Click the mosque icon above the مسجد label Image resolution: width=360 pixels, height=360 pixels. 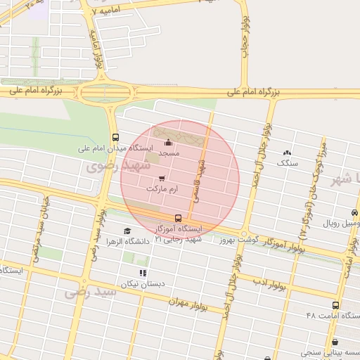(x=167, y=143)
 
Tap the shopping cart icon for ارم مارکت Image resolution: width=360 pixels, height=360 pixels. (x=162, y=179)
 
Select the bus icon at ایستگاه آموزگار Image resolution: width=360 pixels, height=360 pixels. (x=178, y=219)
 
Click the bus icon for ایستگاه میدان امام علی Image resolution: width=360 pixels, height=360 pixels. (x=115, y=137)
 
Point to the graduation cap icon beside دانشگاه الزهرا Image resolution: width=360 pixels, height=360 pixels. (x=127, y=231)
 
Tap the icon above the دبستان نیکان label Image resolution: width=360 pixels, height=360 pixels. (x=143, y=273)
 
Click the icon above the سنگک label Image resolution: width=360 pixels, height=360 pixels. (x=287, y=153)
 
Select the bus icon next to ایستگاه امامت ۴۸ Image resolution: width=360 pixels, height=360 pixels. (x=335, y=306)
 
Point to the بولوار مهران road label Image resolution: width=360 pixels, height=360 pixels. (x=189, y=303)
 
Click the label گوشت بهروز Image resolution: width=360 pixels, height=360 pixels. (x=238, y=240)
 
